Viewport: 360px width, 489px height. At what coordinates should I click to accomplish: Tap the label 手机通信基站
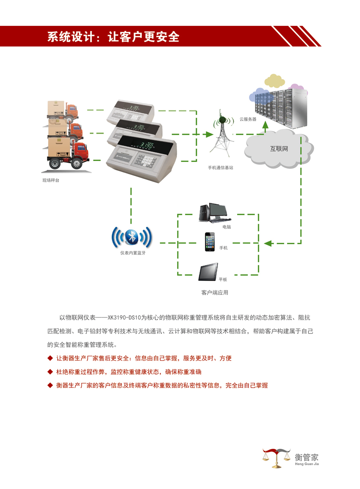point(220,168)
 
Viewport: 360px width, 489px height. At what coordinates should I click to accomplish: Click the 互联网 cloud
point(279,149)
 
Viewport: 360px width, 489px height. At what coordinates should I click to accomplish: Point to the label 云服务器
point(248,119)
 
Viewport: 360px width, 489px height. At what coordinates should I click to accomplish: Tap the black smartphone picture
point(210,242)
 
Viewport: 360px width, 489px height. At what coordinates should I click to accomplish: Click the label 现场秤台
point(51,181)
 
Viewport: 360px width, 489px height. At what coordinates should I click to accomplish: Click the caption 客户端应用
point(215,292)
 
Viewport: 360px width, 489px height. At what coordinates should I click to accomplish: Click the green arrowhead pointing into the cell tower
point(208,134)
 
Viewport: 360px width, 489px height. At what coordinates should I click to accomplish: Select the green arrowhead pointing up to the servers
point(265,125)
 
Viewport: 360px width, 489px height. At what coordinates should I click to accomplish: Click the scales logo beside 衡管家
point(277,458)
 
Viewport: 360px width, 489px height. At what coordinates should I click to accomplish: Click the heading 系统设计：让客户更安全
point(113,37)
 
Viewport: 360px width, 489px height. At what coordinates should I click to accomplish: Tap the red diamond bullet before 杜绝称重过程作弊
point(50,372)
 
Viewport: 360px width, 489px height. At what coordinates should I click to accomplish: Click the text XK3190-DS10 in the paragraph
point(123,317)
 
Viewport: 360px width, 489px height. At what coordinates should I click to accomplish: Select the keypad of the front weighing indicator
point(147,160)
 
